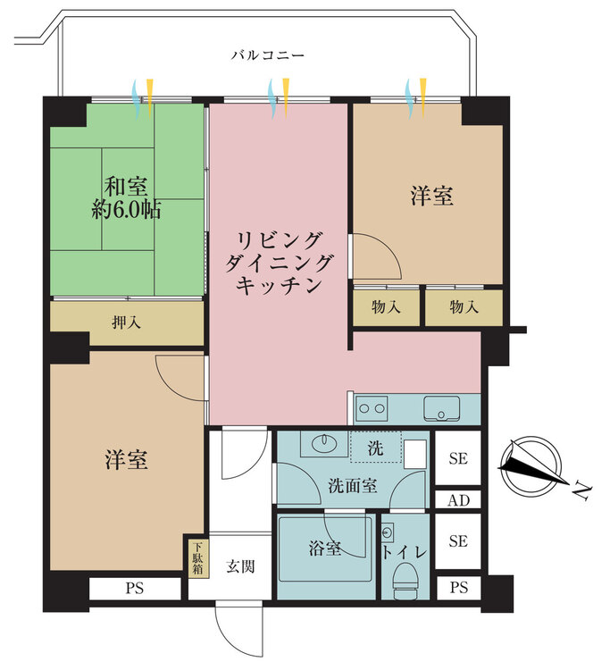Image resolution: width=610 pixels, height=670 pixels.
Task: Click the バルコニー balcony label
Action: pyautogui.click(x=268, y=55)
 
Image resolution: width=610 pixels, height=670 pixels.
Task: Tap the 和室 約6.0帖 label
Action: pyautogui.click(x=127, y=197)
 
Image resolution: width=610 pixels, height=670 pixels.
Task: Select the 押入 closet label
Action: pyautogui.click(x=127, y=322)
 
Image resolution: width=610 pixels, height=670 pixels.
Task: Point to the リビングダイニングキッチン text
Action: pyautogui.click(x=278, y=263)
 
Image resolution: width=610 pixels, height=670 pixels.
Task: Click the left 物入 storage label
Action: pyautogui.click(x=386, y=306)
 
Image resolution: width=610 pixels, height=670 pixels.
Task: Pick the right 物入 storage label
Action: pyautogui.click(x=464, y=306)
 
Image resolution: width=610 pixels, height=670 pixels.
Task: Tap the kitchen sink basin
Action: pyautogui.click(x=442, y=409)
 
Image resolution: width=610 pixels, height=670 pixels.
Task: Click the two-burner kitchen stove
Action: pyautogui.click(x=372, y=409)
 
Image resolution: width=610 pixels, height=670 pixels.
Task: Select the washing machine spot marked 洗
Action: pyautogui.click(x=376, y=448)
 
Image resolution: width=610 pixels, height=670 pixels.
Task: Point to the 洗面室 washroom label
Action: pyautogui.click(x=353, y=486)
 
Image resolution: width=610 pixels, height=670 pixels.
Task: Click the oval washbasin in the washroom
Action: pyautogui.click(x=324, y=443)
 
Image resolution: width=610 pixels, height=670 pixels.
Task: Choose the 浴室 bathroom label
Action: pyautogui.click(x=325, y=549)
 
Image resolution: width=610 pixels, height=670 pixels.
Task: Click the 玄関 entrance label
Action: pyautogui.click(x=240, y=566)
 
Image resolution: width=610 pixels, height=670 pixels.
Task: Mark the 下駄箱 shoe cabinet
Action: pyautogui.click(x=197, y=558)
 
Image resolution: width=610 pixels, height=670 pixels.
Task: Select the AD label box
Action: pyautogui.click(x=458, y=500)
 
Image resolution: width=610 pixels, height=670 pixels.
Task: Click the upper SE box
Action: pyautogui.click(x=458, y=458)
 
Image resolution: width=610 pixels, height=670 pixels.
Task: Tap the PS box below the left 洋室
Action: pyautogui.click(x=135, y=589)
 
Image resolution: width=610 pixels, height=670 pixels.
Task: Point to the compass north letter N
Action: pyautogui.click(x=581, y=490)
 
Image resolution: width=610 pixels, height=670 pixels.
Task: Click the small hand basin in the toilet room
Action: pyautogui.click(x=388, y=532)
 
